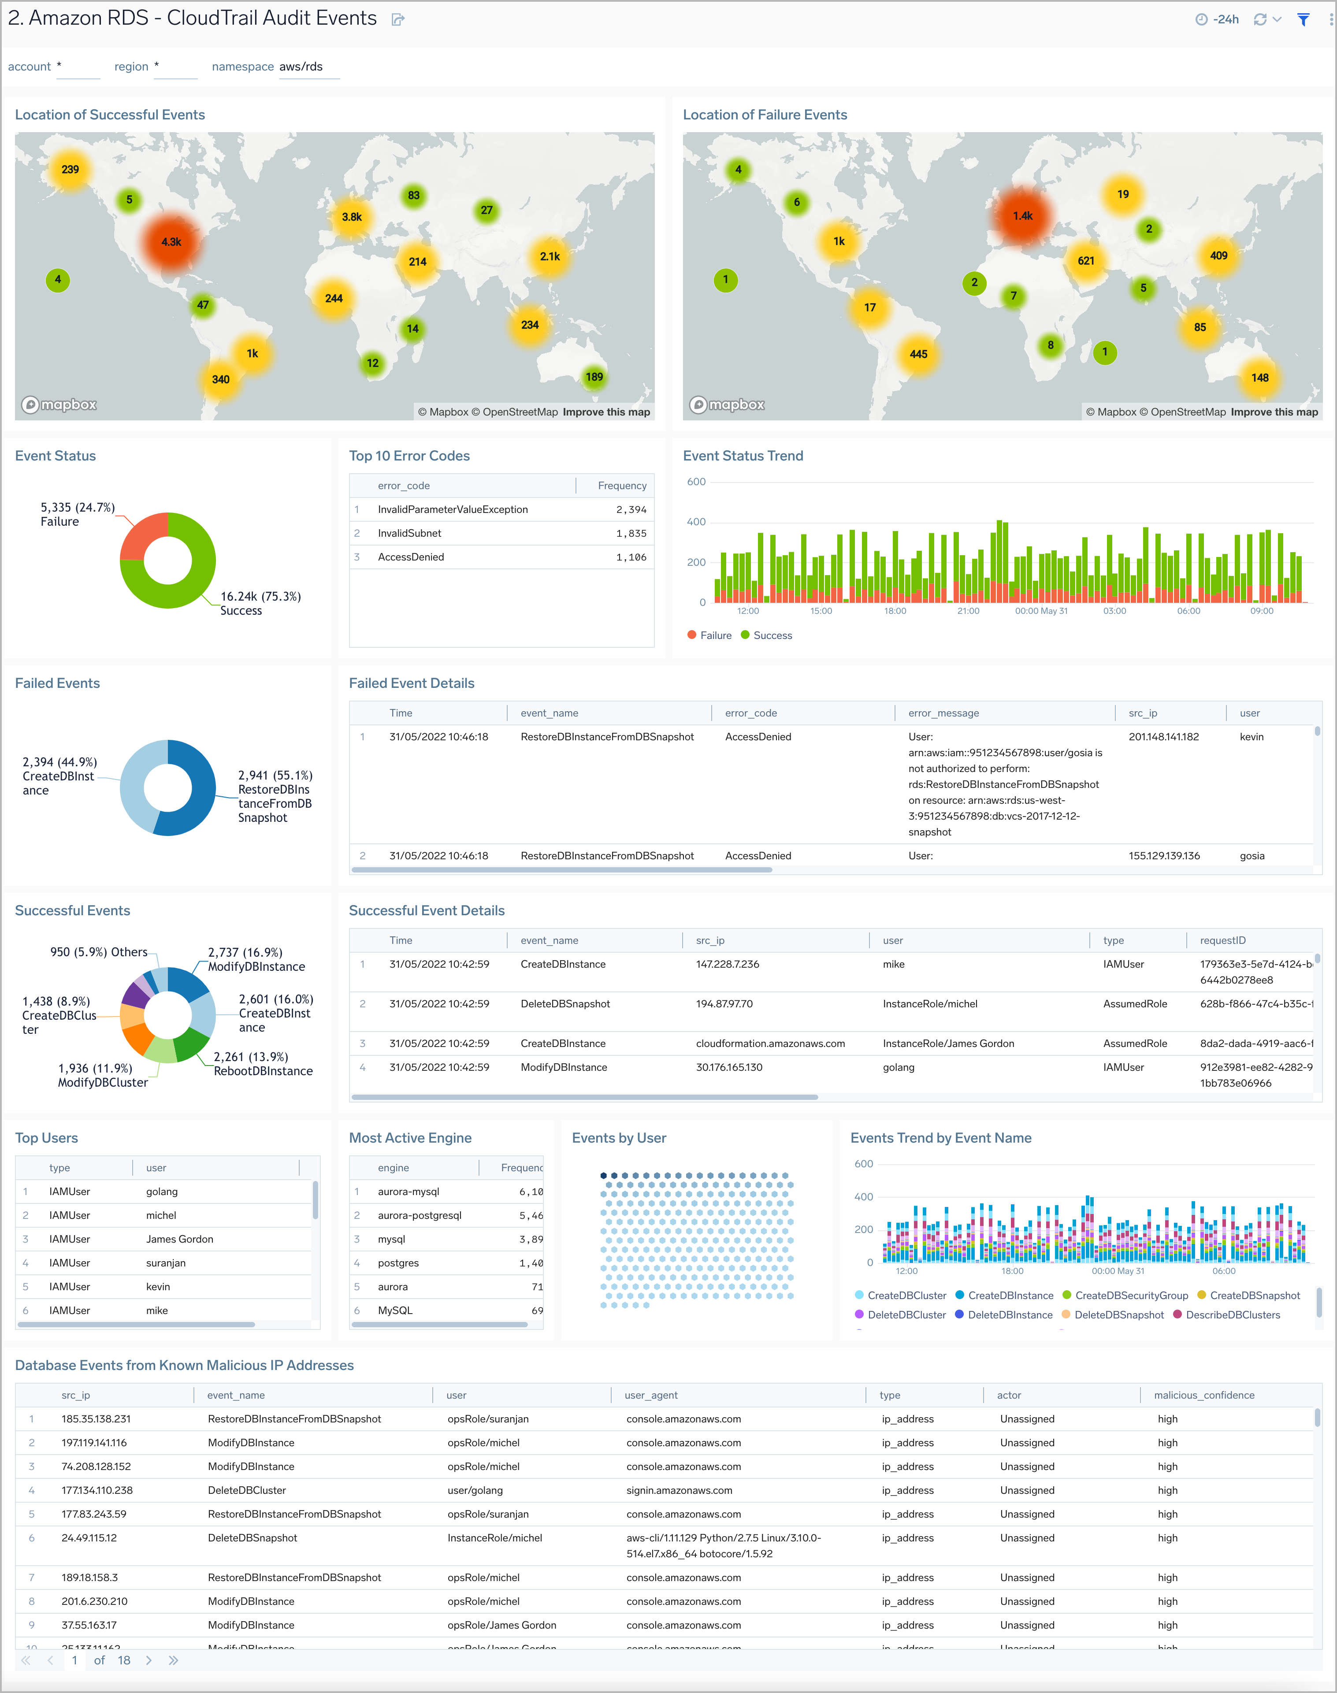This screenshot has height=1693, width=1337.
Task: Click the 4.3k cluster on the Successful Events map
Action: point(171,242)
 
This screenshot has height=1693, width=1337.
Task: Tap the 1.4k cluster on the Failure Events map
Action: point(1022,216)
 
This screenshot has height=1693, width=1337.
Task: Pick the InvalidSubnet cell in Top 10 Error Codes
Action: point(409,533)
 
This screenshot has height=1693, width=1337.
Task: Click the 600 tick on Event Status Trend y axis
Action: point(696,482)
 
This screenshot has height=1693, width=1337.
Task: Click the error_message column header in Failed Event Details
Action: point(943,713)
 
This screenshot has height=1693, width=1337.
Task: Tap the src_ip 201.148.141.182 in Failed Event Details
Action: point(1163,736)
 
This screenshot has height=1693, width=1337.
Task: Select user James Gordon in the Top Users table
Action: point(179,1239)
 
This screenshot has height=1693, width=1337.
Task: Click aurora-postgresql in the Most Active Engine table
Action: point(420,1215)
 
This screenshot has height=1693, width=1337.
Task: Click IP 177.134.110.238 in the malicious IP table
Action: point(97,1490)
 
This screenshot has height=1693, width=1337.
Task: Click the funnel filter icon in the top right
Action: point(1304,19)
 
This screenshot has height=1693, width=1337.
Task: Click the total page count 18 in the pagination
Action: point(124,1660)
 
